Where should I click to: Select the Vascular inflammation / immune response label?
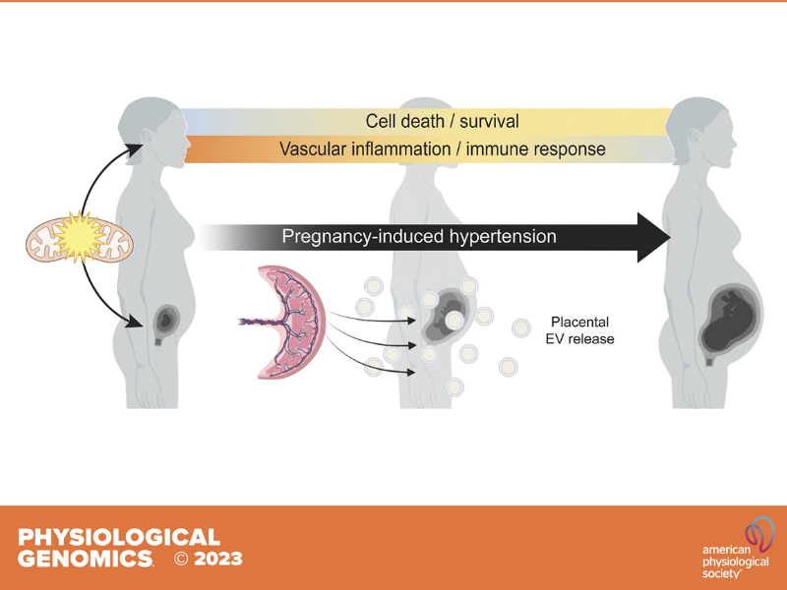coord(442,149)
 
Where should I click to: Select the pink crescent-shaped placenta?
coord(284,322)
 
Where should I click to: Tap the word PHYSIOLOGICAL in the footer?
coord(119,537)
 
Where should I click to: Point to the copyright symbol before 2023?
coord(181,560)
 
